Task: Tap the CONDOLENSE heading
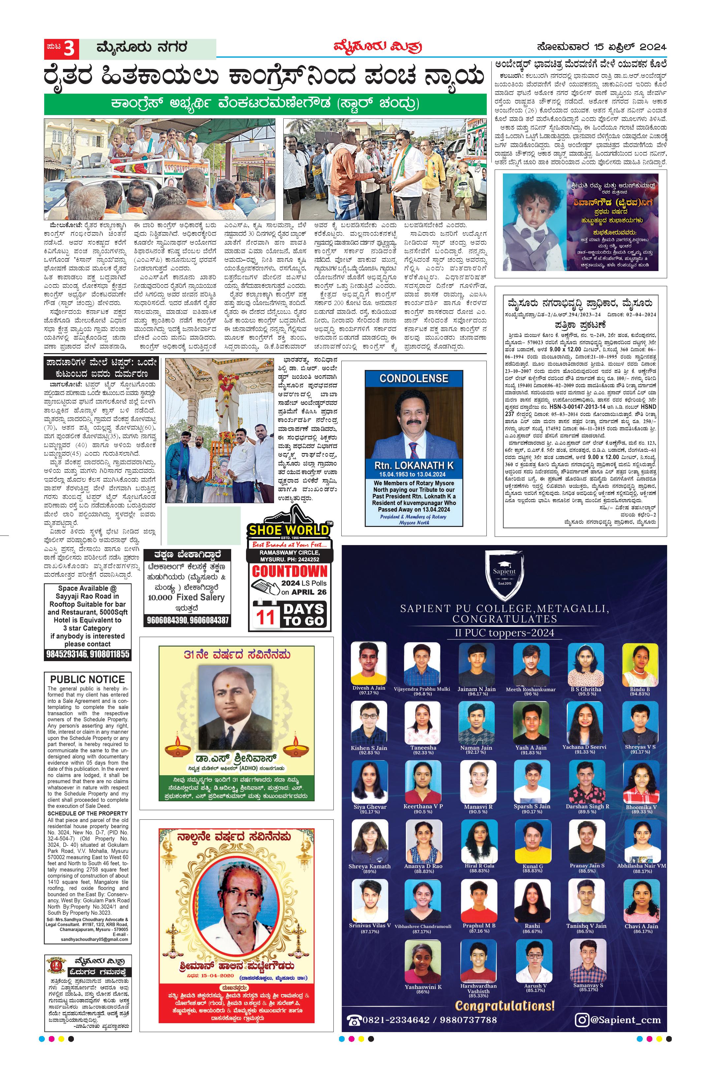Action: point(414,378)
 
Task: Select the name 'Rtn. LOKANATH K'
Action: point(414,466)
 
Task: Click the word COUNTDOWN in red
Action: point(289,571)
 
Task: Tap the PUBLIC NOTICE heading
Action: point(87,679)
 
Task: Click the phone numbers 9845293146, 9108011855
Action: point(87,654)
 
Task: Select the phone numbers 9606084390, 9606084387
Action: point(188,620)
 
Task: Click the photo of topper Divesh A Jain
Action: point(369,662)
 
